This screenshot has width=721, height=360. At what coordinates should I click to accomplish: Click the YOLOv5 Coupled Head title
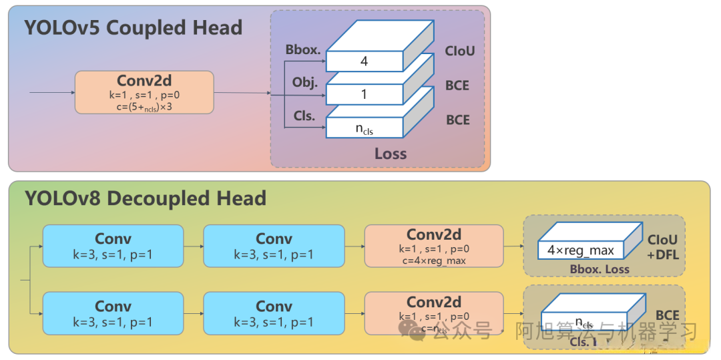[x=133, y=28]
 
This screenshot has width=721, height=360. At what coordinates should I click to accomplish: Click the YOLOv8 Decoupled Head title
[x=145, y=198]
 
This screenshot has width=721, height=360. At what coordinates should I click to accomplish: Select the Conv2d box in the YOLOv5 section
[x=144, y=92]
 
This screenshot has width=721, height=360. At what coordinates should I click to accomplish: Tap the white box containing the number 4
[x=364, y=61]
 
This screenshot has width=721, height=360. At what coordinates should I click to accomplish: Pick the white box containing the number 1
[x=364, y=95]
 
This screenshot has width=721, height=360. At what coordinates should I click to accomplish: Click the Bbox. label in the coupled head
[x=302, y=49]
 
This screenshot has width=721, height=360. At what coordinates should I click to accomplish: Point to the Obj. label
[x=304, y=83]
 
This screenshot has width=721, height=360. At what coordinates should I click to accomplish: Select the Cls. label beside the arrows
[x=304, y=116]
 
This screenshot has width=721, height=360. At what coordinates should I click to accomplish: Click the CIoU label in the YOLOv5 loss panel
[x=459, y=51]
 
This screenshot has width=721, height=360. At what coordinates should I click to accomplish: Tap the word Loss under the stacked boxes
[x=391, y=154]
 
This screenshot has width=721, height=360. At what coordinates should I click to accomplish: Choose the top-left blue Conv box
[x=113, y=246]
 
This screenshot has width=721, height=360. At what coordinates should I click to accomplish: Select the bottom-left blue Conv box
[x=113, y=313]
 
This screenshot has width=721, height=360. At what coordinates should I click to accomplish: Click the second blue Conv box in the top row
[x=274, y=246]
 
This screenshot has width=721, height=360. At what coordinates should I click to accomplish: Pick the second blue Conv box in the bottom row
[x=274, y=313]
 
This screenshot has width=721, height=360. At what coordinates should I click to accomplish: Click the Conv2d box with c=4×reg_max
[x=434, y=246]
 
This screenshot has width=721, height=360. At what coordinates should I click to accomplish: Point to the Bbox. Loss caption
[x=599, y=270]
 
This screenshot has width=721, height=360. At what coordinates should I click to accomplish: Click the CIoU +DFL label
[x=662, y=246]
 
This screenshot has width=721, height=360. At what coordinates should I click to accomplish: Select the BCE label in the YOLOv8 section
[x=667, y=315]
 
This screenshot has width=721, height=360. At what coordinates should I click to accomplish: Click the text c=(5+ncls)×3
[x=144, y=107]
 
